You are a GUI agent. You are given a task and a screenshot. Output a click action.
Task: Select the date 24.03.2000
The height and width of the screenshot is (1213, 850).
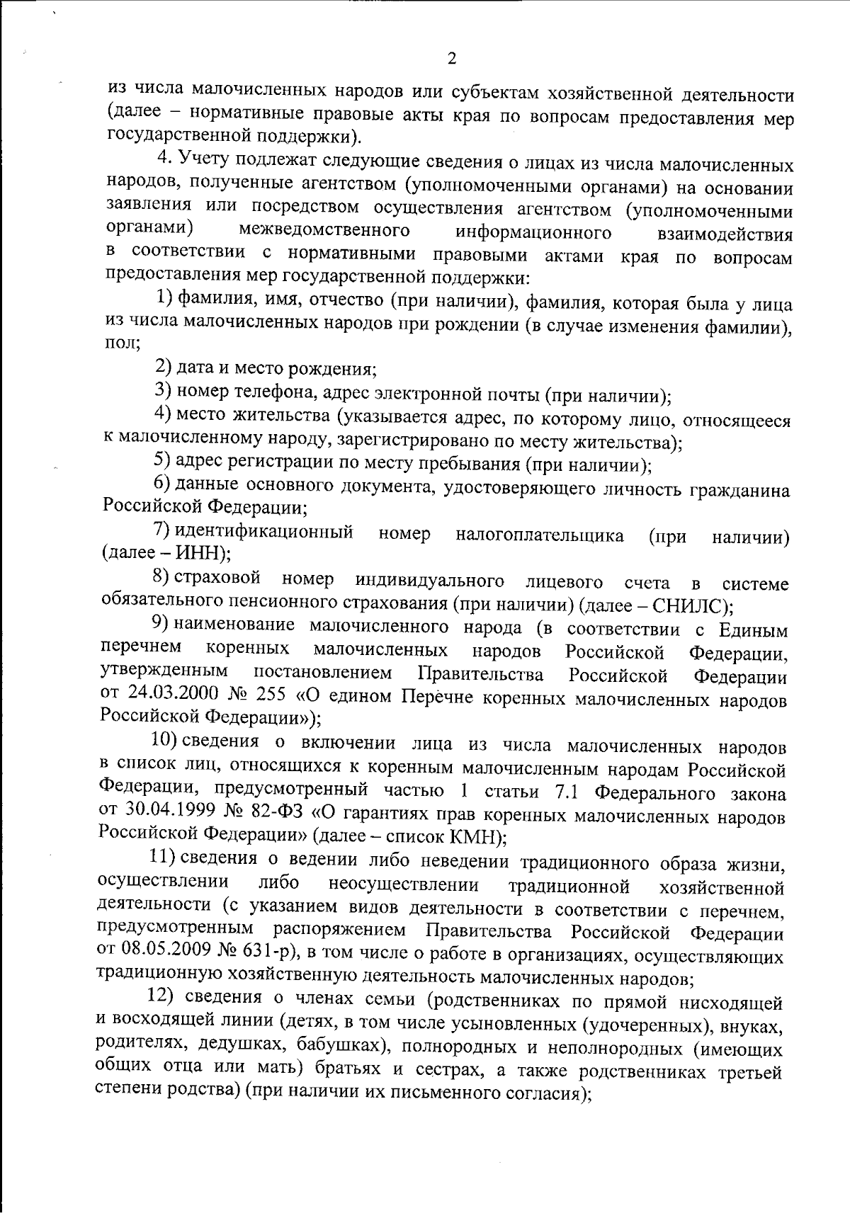tap(168, 695)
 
